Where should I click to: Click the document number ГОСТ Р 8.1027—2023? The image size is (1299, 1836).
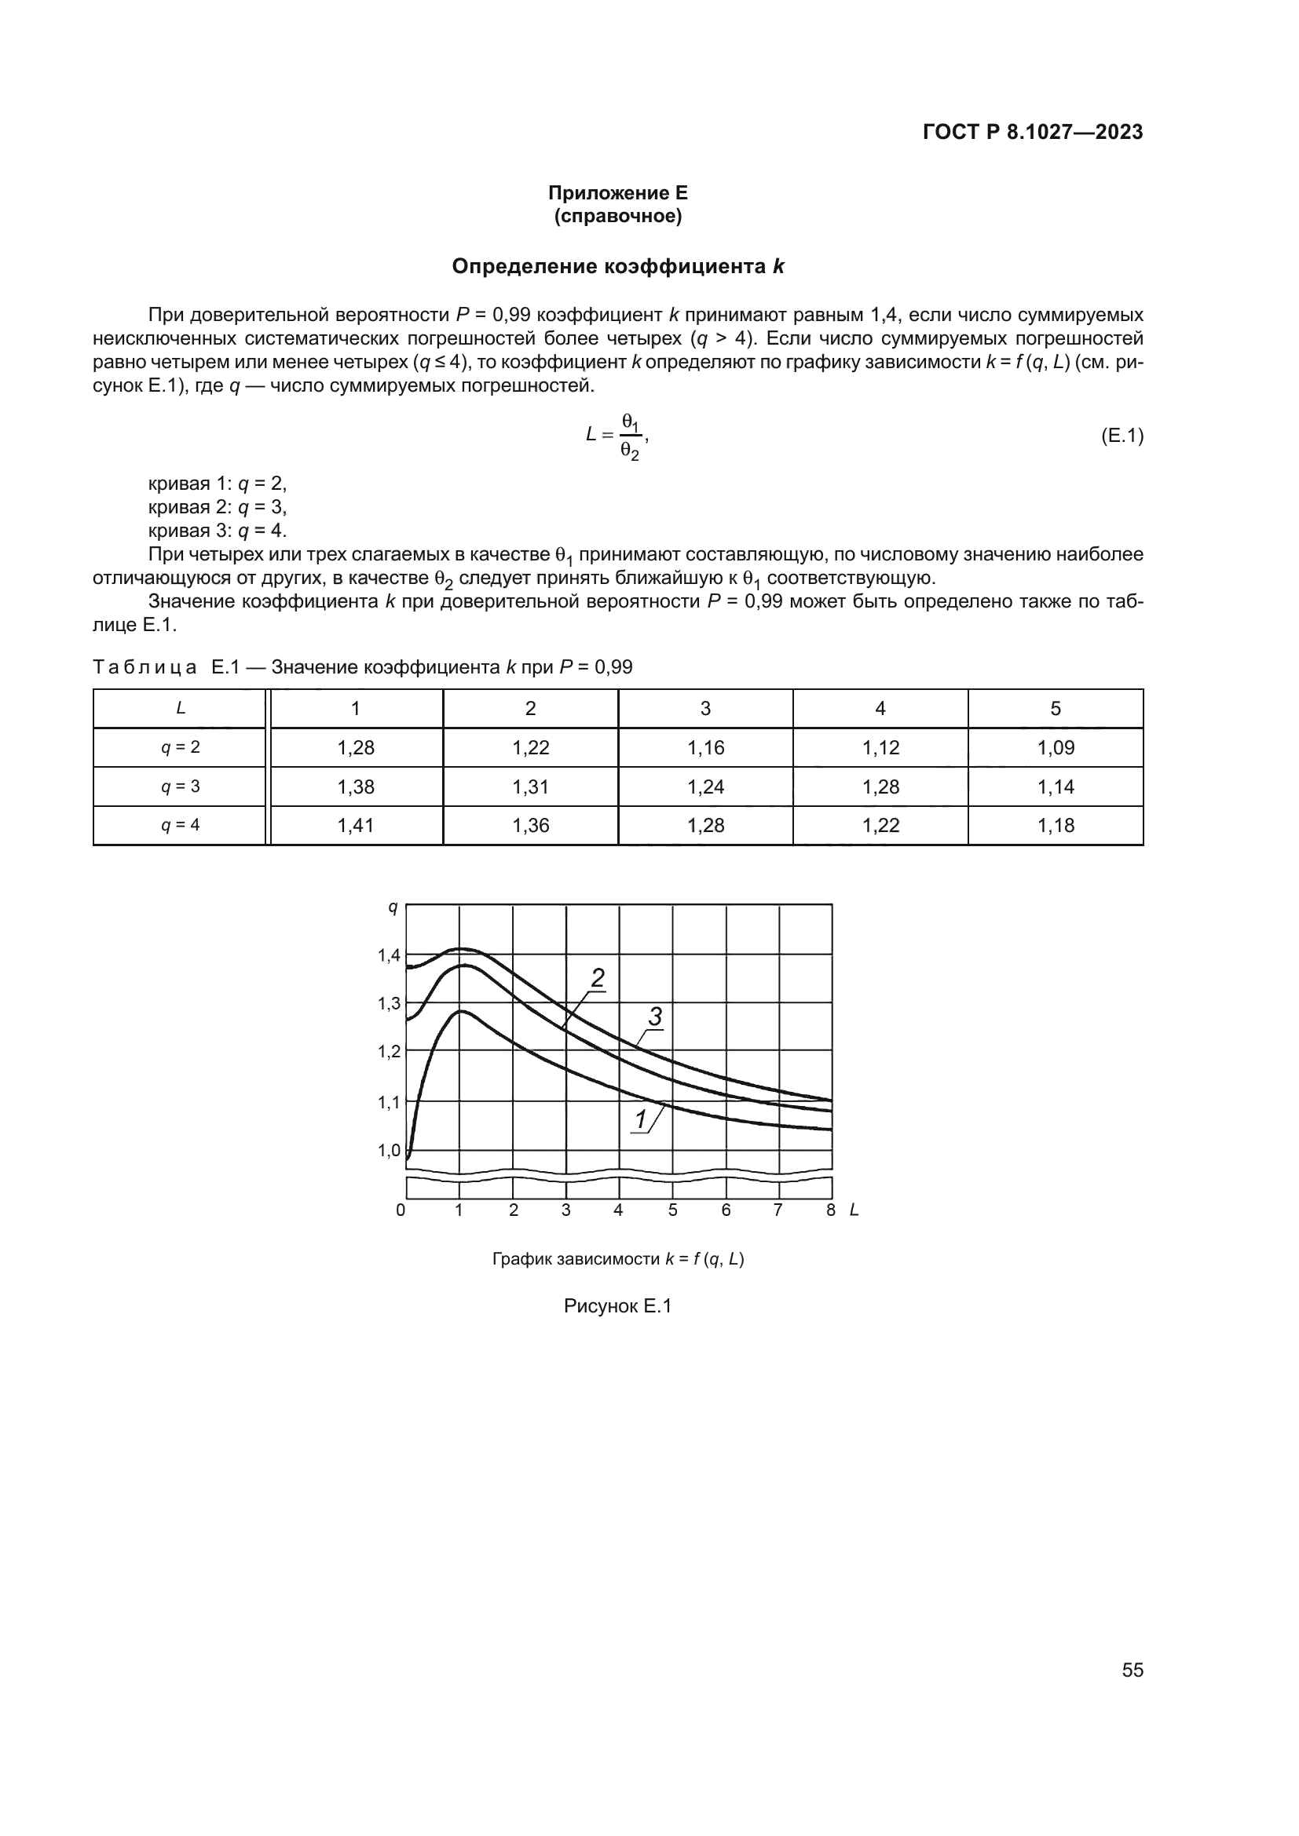click(1033, 133)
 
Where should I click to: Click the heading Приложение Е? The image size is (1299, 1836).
click(617, 193)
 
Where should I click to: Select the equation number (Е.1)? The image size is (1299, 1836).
click(1122, 436)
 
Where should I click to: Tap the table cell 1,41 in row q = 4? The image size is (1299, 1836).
click(356, 825)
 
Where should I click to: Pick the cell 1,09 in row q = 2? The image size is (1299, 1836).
click(1055, 748)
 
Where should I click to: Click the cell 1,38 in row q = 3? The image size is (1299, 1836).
click(356, 787)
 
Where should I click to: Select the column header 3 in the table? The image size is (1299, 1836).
click(704, 709)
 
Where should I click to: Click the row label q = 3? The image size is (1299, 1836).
click(181, 787)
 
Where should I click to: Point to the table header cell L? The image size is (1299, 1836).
click(181, 709)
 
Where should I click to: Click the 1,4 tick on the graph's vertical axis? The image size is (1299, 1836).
click(390, 955)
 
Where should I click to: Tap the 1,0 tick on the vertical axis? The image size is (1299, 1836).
click(390, 1151)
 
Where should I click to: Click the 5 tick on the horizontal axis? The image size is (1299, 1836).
click(673, 1210)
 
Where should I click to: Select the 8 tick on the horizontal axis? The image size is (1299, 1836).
click(830, 1210)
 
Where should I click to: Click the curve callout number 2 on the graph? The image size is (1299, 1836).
click(598, 978)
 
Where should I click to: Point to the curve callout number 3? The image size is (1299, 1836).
click(655, 1017)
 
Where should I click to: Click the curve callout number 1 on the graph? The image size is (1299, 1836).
click(641, 1120)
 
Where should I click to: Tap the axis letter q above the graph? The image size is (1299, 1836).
click(392, 907)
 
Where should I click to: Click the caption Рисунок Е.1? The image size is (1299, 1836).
click(617, 1306)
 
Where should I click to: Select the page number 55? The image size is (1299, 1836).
click(1132, 1670)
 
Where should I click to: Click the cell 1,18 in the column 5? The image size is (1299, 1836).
click(1055, 825)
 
